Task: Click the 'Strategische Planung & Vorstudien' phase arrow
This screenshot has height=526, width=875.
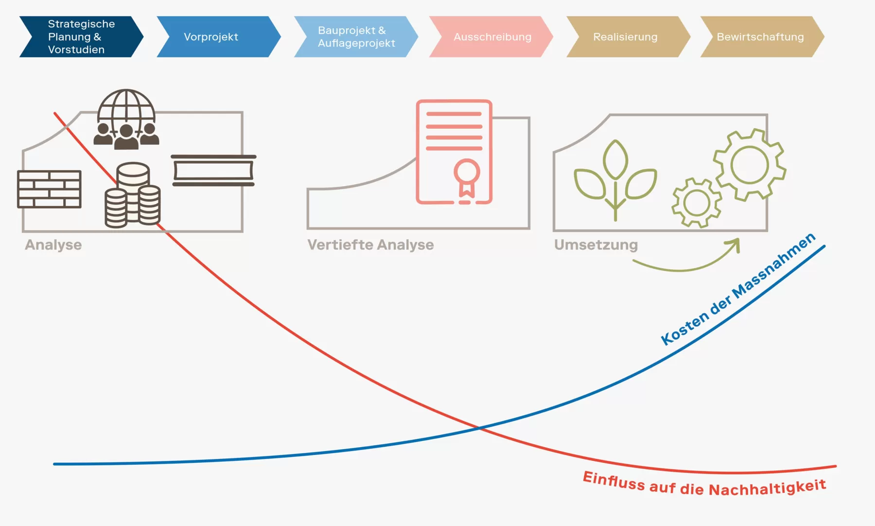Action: tap(82, 37)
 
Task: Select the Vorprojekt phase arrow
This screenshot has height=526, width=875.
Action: tap(219, 37)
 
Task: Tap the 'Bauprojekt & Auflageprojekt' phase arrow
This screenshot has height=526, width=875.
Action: tap(356, 37)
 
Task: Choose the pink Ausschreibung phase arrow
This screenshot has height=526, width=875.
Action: tap(491, 37)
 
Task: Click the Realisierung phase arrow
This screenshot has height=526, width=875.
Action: tap(628, 37)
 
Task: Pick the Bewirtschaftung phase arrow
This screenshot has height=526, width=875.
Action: tap(762, 37)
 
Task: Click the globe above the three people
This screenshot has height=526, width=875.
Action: tap(126, 108)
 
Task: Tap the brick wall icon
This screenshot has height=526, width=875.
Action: tap(49, 189)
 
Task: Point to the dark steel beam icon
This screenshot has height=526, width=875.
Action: tap(213, 170)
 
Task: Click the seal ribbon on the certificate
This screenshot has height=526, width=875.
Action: tap(467, 178)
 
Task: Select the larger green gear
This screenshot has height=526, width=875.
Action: tap(750, 165)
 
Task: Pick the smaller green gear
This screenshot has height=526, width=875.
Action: tap(697, 203)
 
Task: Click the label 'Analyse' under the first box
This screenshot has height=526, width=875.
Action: tap(53, 245)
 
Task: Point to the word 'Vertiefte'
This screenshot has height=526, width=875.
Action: tap(338, 245)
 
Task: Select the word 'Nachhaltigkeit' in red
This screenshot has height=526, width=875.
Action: tap(768, 488)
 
